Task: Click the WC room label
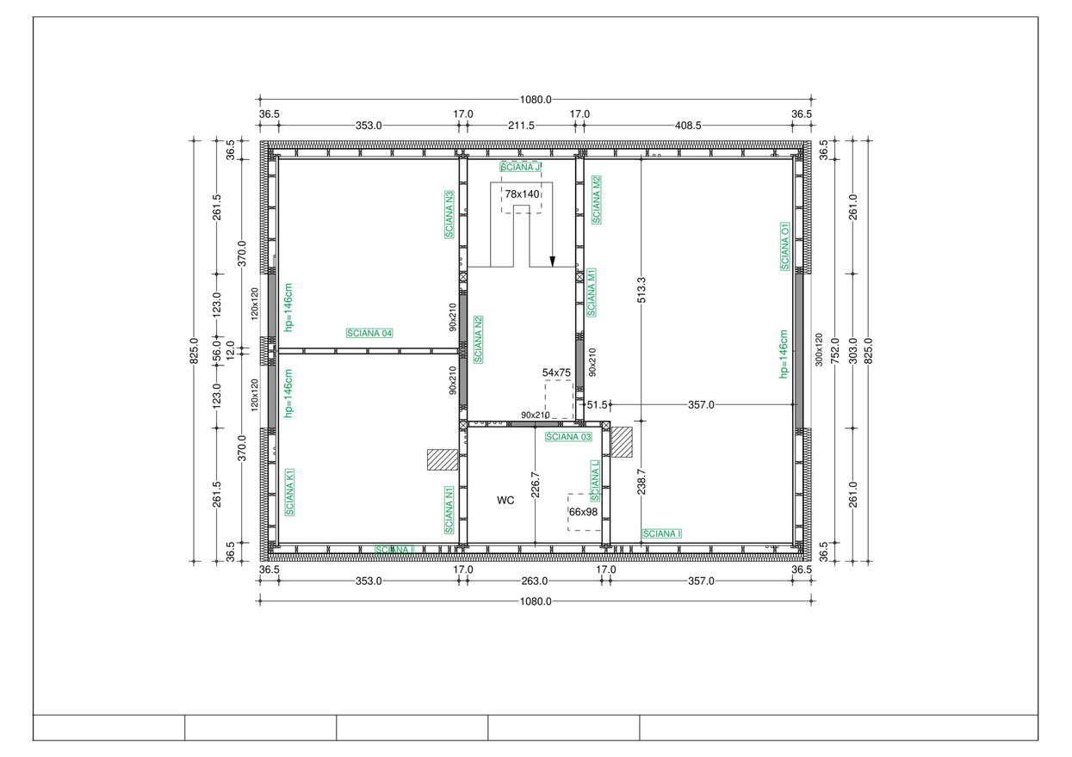pyautogui.click(x=505, y=500)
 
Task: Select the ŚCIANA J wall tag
pyautogui.click(x=520, y=167)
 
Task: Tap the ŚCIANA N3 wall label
pyautogui.click(x=449, y=214)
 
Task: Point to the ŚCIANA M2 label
pyautogui.click(x=597, y=200)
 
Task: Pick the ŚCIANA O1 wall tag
pyautogui.click(x=785, y=246)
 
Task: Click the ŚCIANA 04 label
pyautogui.click(x=369, y=333)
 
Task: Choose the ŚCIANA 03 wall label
pyautogui.click(x=568, y=437)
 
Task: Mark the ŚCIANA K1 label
pyautogui.click(x=289, y=492)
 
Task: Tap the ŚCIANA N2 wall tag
pyautogui.click(x=478, y=340)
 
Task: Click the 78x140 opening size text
pyautogui.click(x=522, y=194)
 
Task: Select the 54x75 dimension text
pyautogui.click(x=556, y=372)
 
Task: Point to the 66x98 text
pyautogui.click(x=583, y=512)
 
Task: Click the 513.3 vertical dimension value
pyautogui.click(x=641, y=290)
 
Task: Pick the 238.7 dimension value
pyautogui.click(x=641, y=482)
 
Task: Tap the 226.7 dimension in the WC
pyautogui.click(x=536, y=484)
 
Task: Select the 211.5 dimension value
pyautogui.click(x=521, y=126)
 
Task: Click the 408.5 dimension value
pyautogui.click(x=688, y=126)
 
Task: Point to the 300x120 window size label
pyautogui.click(x=819, y=349)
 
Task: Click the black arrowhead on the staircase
pyautogui.click(x=552, y=262)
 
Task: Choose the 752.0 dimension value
pyautogui.click(x=835, y=350)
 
